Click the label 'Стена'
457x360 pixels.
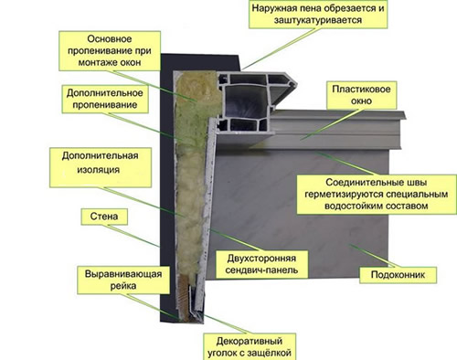[104, 217]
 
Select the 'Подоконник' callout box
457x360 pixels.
[398, 275]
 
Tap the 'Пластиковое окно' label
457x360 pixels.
[361, 95]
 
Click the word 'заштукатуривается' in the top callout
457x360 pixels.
[318, 20]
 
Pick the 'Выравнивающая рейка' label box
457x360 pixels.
[123, 280]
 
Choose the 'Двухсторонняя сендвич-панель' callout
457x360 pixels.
[261, 264]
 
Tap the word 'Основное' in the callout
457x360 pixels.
[110, 39]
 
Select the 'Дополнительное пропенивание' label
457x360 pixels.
[105, 99]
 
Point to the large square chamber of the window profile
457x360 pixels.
[246, 101]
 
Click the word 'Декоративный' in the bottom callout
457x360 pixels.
[250, 341]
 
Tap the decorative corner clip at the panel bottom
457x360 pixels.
[194, 302]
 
